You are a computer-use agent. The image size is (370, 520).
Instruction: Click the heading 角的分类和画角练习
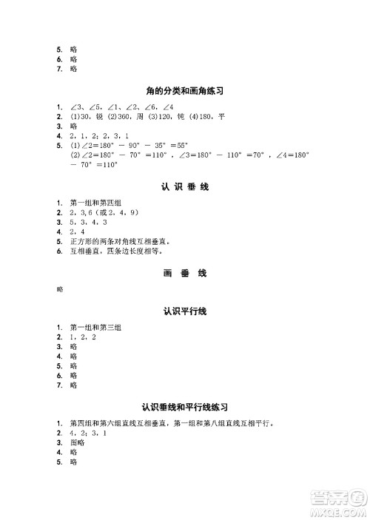point(185,91)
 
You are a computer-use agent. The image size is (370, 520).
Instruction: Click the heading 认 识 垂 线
point(185,187)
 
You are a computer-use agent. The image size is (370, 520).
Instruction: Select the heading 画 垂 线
point(185,273)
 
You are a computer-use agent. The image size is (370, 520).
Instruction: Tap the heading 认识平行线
point(185,311)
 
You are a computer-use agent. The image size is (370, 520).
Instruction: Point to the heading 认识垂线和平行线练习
point(185,407)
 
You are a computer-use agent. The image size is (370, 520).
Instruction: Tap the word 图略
point(78,442)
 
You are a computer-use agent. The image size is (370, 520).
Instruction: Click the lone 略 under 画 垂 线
point(61,290)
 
